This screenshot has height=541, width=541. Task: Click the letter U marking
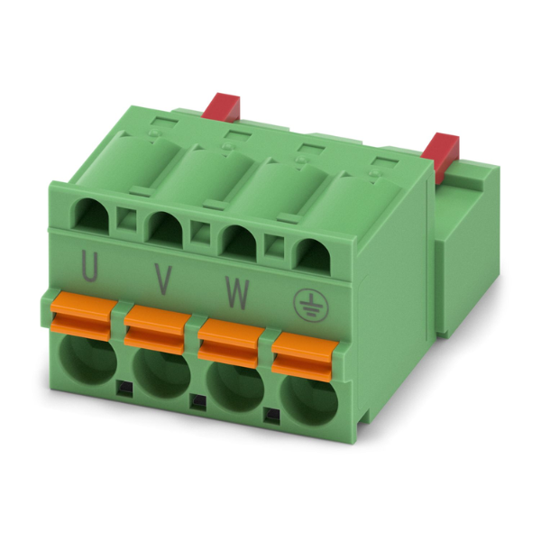(89, 267)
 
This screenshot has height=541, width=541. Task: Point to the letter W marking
(237, 292)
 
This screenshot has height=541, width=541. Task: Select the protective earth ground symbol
(311, 306)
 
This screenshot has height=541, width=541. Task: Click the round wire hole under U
(87, 360)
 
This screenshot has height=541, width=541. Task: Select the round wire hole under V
(161, 373)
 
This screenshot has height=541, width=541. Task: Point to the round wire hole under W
(235, 387)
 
